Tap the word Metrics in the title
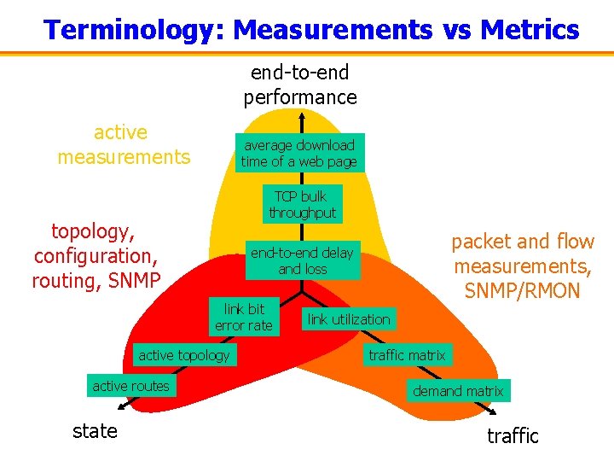tap(530, 31)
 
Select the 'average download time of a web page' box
tap(299, 153)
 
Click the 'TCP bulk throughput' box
tap(302, 205)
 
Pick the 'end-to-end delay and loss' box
tap(302, 260)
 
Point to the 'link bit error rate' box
tap(244, 317)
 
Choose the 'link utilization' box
tap(349, 319)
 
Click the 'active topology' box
tap(184, 355)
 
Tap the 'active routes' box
tap(130, 386)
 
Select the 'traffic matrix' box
tap(407, 355)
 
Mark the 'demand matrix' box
tap(458, 391)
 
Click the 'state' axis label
tap(96, 431)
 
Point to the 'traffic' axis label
tap(513, 436)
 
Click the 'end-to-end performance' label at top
tap(300, 85)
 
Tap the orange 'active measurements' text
tap(124, 144)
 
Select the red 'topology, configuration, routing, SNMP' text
tap(96, 255)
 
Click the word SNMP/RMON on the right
tap(523, 290)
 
